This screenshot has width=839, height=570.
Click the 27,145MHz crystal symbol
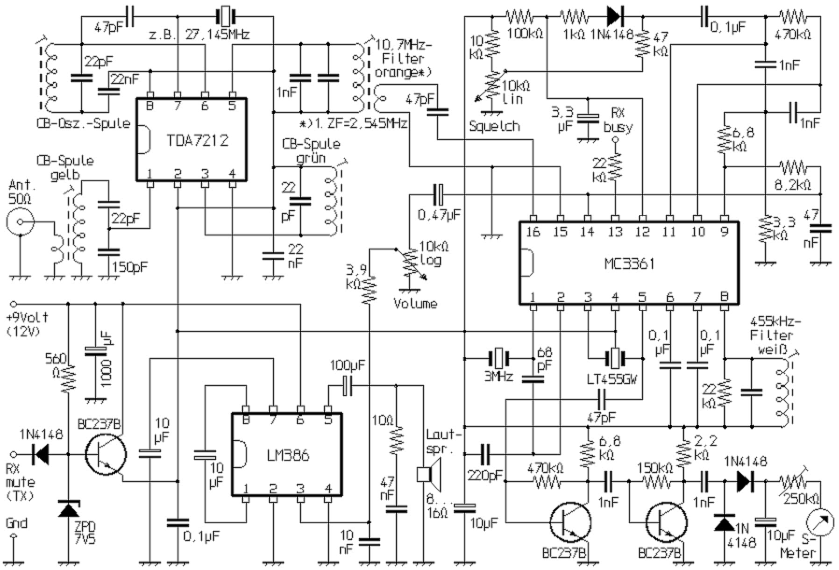click(x=225, y=17)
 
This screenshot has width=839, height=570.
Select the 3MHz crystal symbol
click(x=499, y=359)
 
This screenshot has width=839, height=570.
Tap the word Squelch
click(x=495, y=126)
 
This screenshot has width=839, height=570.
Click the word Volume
click(x=415, y=304)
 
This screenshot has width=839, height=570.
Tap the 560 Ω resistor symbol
click(x=69, y=378)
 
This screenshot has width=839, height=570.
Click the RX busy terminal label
click(x=616, y=120)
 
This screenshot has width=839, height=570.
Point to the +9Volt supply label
click(x=27, y=318)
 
